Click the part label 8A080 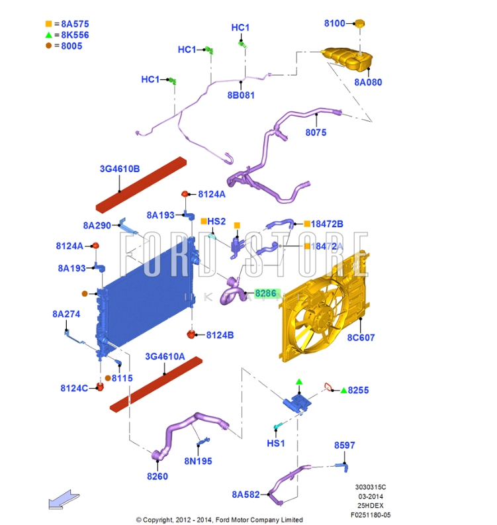(368, 83)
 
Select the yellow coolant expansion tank (346, 59)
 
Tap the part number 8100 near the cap (335, 24)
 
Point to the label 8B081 (241, 95)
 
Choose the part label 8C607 (361, 338)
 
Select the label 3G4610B (120, 169)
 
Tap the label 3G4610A (165, 356)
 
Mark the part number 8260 (158, 475)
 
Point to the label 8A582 (246, 494)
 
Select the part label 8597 (345, 446)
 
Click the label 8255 (358, 391)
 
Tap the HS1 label (276, 443)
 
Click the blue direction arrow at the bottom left (64, 501)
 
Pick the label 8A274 (66, 314)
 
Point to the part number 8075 (316, 132)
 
